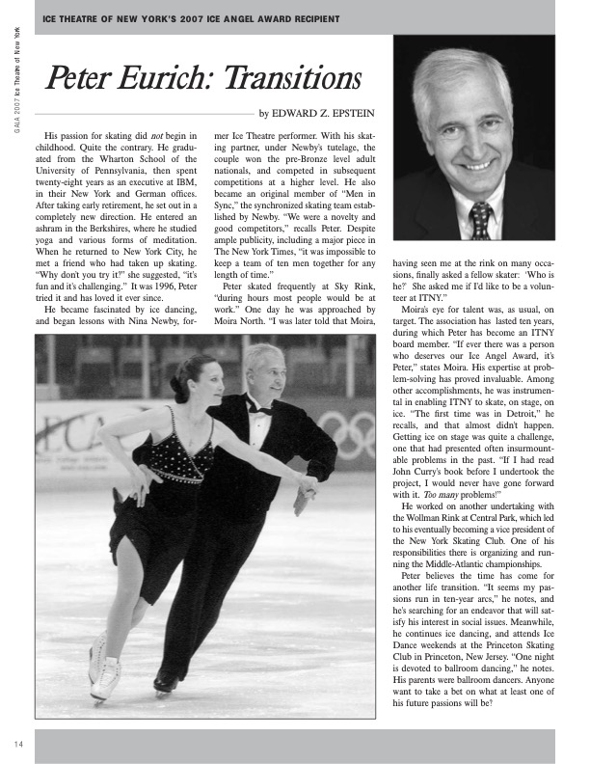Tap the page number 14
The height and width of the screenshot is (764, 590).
tap(18, 743)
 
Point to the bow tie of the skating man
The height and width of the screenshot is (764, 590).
tap(261, 408)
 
